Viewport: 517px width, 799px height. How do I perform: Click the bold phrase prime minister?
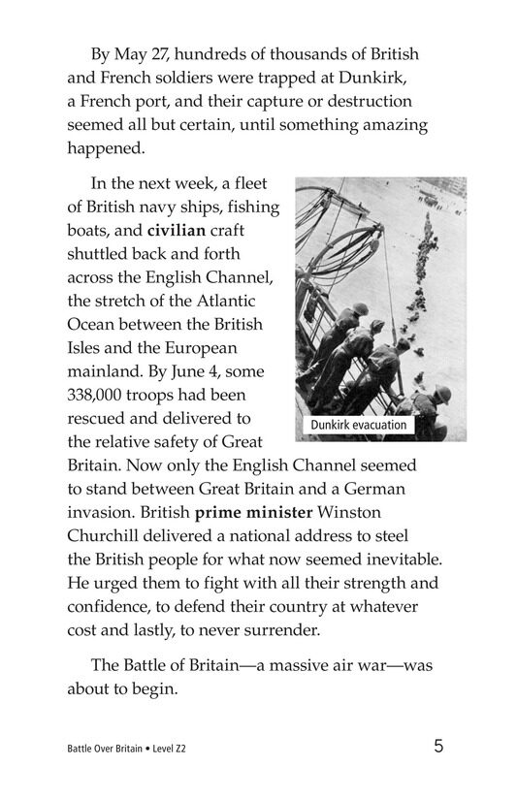click(248, 513)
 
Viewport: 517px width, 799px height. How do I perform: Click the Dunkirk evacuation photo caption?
click(358, 425)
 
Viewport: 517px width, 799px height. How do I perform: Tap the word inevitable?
click(395, 559)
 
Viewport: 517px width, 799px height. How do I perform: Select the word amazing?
click(391, 125)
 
